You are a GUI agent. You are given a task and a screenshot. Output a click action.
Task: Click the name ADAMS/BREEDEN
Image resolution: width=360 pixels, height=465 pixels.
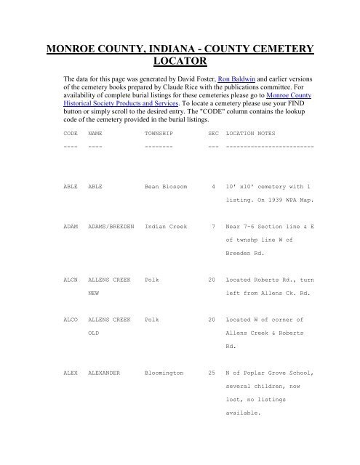click(x=112, y=227)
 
